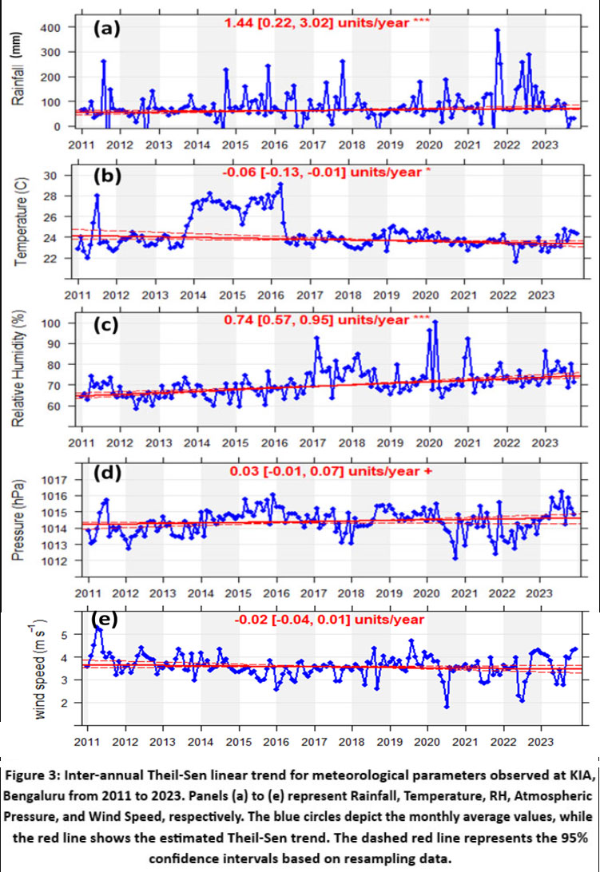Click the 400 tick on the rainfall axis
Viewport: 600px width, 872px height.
pos(58,28)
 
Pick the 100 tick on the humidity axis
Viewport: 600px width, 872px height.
pos(58,323)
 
